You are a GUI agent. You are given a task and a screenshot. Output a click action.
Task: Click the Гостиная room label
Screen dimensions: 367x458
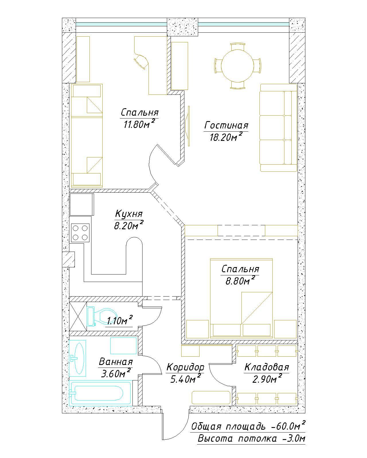click(226, 125)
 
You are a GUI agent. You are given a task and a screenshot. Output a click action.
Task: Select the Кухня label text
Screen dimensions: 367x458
click(129, 214)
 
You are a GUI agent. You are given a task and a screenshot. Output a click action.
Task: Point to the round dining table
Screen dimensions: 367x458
click(237, 66)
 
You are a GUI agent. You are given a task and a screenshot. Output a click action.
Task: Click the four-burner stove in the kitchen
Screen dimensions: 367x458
click(80, 233)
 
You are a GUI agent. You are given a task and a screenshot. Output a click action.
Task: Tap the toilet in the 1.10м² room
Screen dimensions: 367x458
click(102, 316)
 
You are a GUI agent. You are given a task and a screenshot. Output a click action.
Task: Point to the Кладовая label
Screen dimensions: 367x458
click(267, 367)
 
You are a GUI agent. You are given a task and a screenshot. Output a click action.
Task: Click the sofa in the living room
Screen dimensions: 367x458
click(278, 128)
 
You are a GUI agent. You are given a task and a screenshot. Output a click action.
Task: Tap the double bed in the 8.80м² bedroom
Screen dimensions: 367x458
click(241, 298)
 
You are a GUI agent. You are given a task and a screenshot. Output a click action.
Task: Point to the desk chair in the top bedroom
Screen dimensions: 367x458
click(141, 61)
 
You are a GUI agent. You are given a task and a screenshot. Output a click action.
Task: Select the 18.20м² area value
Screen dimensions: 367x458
click(226, 137)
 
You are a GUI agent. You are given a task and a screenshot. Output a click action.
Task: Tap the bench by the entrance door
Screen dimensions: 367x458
click(211, 398)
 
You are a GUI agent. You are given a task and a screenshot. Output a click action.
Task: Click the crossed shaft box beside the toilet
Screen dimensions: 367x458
click(78, 317)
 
